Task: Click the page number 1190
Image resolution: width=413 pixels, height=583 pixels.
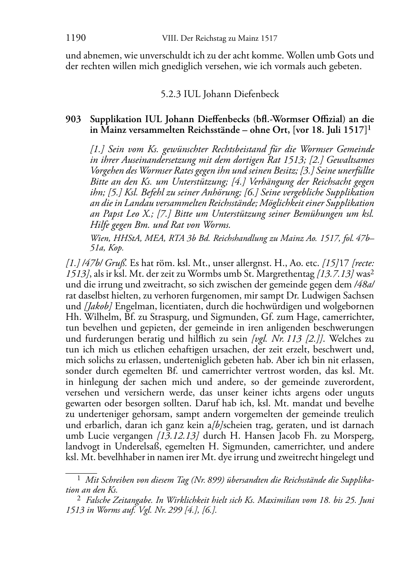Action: [x=76, y=39]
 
